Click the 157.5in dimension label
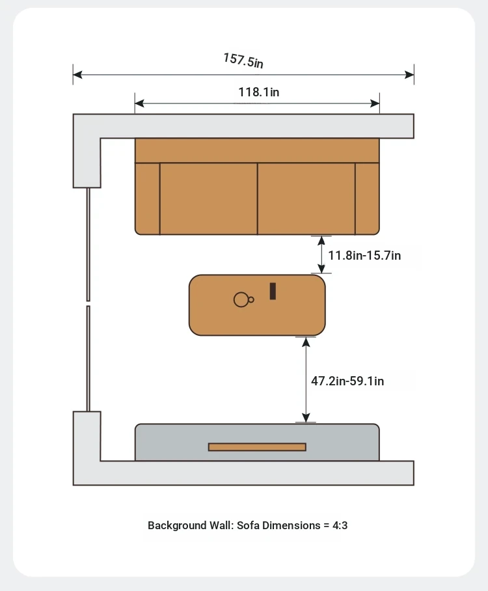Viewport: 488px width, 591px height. click(x=243, y=61)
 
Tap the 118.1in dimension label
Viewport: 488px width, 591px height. click(x=259, y=92)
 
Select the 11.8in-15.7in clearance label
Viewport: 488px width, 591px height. click(x=364, y=256)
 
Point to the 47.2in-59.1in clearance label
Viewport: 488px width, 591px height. click(x=347, y=381)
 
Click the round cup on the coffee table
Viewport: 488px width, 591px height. click(x=241, y=299)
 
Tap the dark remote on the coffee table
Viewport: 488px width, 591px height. click(x=273, y=291)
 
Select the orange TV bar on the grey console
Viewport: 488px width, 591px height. click(x=257, y=447)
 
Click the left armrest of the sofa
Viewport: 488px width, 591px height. click(x=147, y=199)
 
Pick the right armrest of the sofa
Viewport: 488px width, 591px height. click(x=367, y=199)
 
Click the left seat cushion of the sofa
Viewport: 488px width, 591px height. click(x=208, y=199)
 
